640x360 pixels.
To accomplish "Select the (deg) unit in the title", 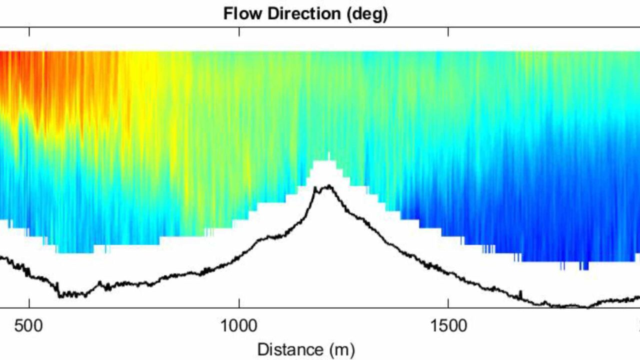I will [x=364, y=14].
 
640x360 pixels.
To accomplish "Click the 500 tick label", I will [x=29, y=325].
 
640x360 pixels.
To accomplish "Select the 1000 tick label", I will [x=239, y=325].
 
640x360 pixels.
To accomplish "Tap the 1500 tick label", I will [x=448, y=325].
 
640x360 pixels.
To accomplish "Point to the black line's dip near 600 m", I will [x=62, y=295].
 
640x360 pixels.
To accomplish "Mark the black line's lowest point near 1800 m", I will [x=586, y=306].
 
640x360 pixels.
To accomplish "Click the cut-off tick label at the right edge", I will [x=638, y=325].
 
